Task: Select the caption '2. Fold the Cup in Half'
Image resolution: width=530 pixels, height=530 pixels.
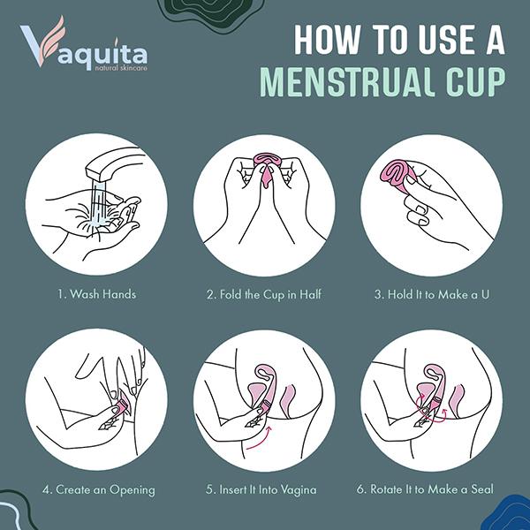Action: (264, 294)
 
